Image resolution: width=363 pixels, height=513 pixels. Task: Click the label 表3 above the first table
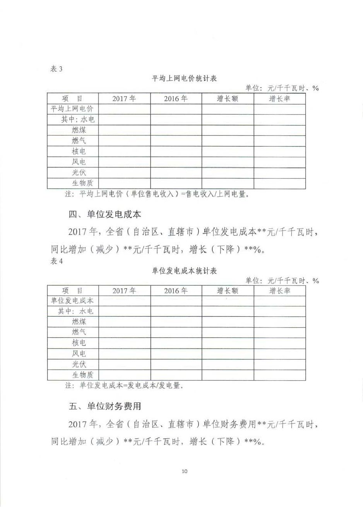pyautogui.click(x=57, y=69)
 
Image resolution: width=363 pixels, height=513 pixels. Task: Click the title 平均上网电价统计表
pyautogui.click(x=184, y=79)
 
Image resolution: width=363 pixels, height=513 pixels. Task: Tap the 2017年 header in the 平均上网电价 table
pyautogui.click(x=124, y=99)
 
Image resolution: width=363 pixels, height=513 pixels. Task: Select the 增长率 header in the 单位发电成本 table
pyautogui.click(x=279, y=291)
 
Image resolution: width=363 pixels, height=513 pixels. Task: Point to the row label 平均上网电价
pyautogui.click(x=72, y=109)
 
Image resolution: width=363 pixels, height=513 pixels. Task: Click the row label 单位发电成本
pyautogui.click(x=72, y=301)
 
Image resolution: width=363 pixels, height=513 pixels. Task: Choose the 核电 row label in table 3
pyautogui.click(x=79, y=151)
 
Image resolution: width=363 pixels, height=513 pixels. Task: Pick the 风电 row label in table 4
pyautogui.click(x=79, y=353)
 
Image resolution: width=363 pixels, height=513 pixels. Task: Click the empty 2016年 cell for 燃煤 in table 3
pyautogui.click(x=176, y=130)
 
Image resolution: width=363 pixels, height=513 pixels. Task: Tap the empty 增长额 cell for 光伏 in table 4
pyautogui.click(x=228, y=364)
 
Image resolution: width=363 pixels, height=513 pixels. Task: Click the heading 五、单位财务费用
pyautogui.click(x=105, y=406)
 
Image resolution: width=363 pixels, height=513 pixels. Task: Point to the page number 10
pyautogui.click(x=184, y=471)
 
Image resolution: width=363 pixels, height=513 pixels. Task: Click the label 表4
pyautogui.click(x=57, y=261)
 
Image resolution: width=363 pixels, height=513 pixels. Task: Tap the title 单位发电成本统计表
pyautogui.click(x=184, y=271)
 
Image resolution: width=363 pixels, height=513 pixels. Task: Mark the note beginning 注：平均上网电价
pyautogui.click(x=157, y=194)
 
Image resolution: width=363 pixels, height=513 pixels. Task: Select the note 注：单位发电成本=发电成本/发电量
pyautogui.click(x=124, y=386)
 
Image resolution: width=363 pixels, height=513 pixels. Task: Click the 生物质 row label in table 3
pyautogui.click(x=82, y=183)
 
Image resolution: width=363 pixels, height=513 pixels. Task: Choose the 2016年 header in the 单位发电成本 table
pyautogui.click(x=176, y=291)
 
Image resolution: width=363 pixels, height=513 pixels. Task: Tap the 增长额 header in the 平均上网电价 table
pyautogui.click(x=228, y=99)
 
